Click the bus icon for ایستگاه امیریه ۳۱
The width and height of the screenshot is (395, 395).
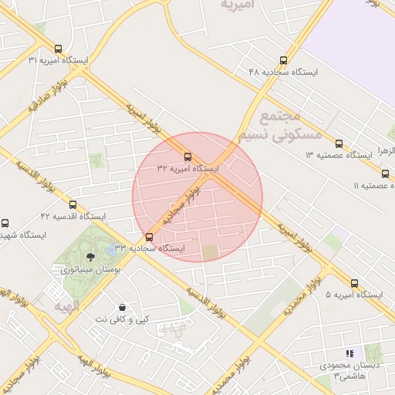click(x=58, y=49)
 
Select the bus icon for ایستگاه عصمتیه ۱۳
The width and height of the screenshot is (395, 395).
click(x=339, y=143)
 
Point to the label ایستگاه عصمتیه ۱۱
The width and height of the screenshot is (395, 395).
click(x=373, y=186)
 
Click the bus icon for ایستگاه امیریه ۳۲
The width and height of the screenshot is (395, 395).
click(x=187, y=157)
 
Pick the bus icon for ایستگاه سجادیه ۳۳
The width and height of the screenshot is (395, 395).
click(x=149, y=237)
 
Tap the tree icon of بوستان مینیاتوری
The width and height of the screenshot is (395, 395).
click(x=91, y=257)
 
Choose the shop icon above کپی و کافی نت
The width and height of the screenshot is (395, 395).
click(x=122, y=307)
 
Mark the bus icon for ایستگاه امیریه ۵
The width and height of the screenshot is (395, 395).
click(x=354, y=283)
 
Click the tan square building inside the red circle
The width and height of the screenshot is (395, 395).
click(x=211, y=252)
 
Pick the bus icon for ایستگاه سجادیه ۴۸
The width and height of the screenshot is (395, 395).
click(x=284, y=59)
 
